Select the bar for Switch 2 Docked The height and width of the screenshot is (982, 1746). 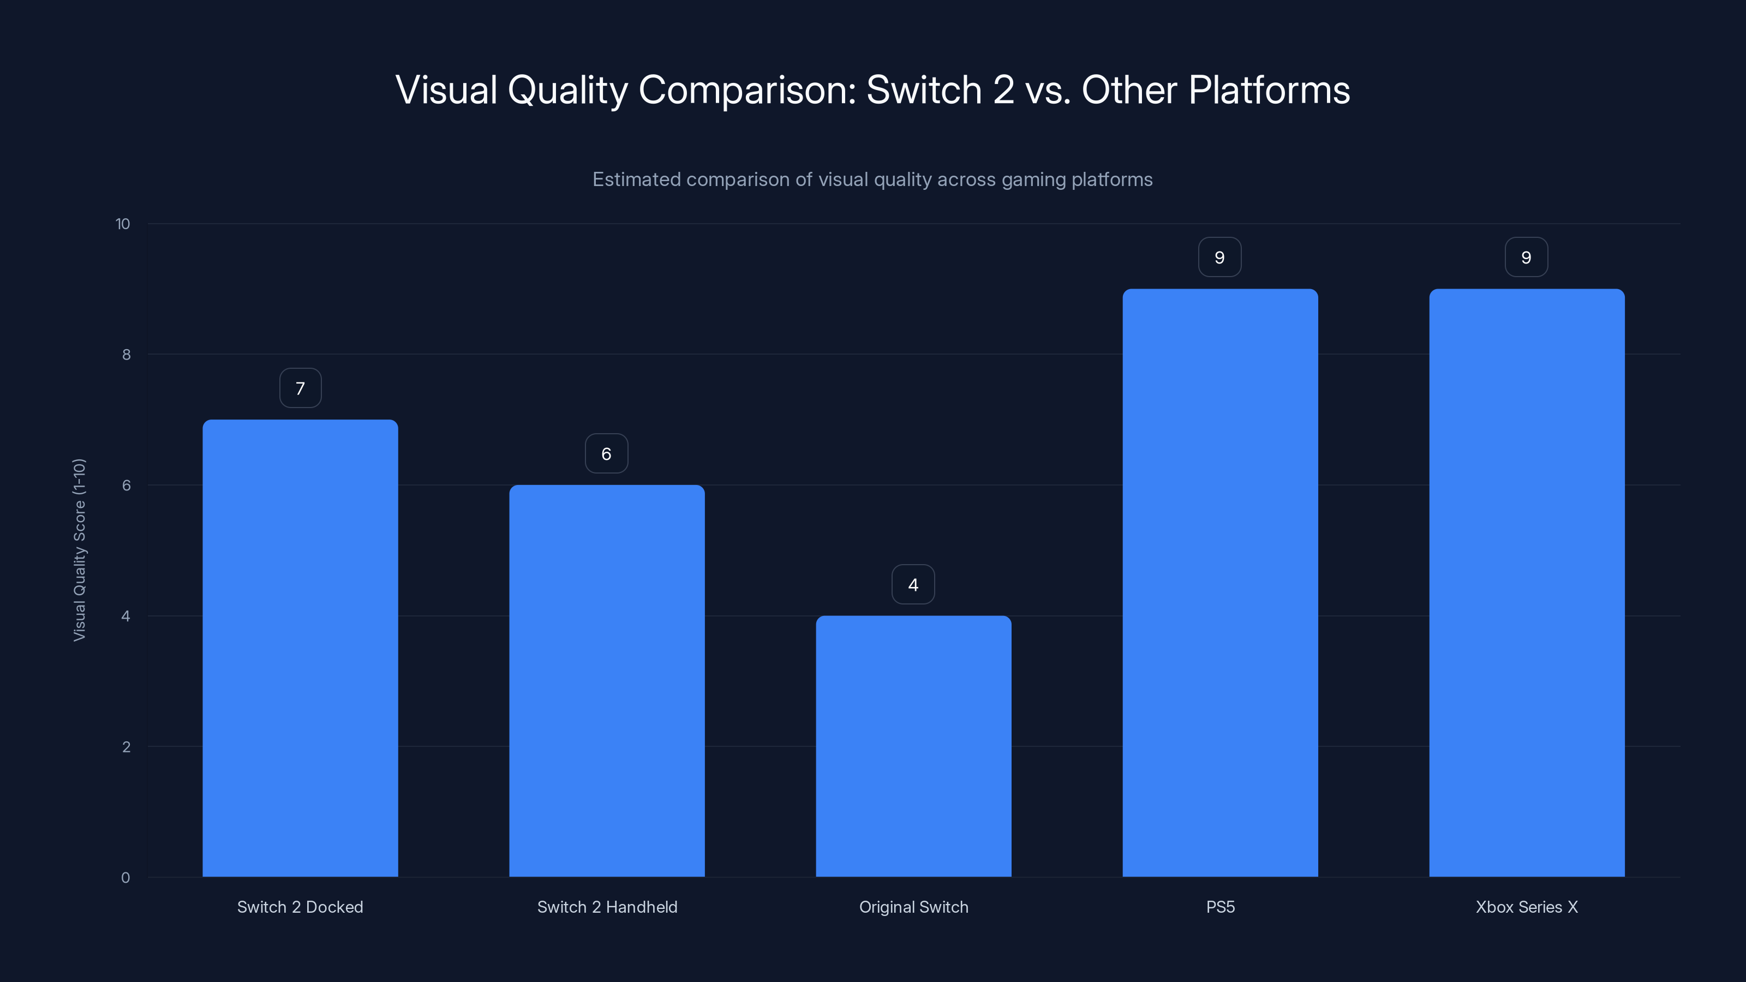(x=300, y=648)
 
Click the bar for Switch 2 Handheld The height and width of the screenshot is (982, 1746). (x=607, y=680)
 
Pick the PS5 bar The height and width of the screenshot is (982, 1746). (x=1220, y=583)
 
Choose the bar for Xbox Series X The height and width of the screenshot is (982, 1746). (x=1527, y=583)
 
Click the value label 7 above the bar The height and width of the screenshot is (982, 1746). (x=300, y=388)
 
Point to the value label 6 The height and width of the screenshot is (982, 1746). (x=607, y=453)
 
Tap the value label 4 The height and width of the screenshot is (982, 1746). (x=913, y=584)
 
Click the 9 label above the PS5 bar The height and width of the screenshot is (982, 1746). (x=1219, y=258)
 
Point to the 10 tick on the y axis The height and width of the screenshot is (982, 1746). (x=123, y=224)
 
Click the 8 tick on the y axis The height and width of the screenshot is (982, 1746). (x=126, y=355)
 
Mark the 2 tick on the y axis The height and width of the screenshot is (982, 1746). (x=126, y=747)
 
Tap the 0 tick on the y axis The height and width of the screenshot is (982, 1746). (x=125, y=878)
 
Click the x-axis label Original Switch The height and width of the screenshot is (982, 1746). (x=913, y=907)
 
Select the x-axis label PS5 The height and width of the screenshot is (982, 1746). (x=1220, y=907)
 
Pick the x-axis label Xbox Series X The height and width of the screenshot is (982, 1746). (x=1527, y=907)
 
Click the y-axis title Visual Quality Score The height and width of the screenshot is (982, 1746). (x=79, y=549)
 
